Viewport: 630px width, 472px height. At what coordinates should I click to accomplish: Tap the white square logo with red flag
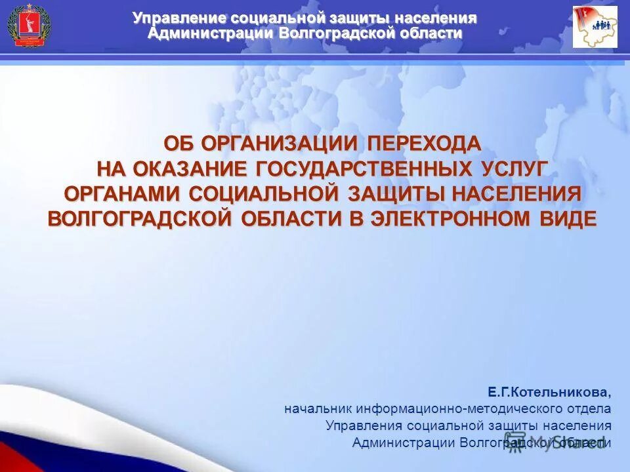coord(595,27)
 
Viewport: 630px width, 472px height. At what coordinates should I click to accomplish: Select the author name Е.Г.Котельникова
coord(549,393)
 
